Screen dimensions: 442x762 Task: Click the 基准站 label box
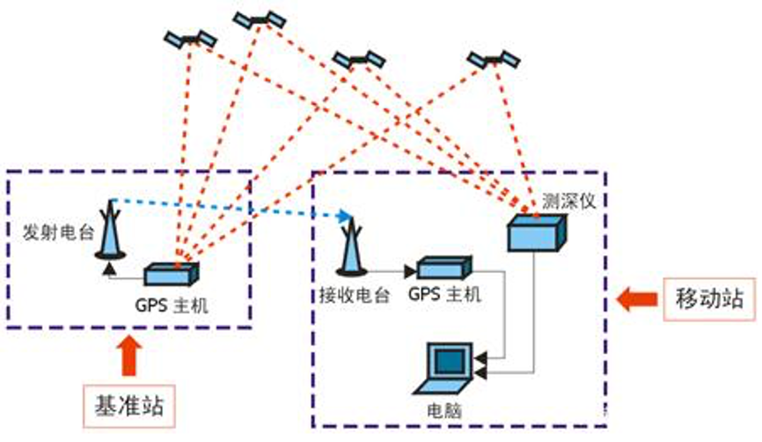pos(128,406)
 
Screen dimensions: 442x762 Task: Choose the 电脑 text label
pos(445,410)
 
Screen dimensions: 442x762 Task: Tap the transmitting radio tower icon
pos(110,230)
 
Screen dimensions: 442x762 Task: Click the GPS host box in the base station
pos(172,274)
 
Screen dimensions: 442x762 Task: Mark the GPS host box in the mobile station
pos(443,268)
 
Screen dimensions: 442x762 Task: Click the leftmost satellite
pos(191,40)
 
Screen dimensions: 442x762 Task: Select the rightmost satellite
pos(494,61)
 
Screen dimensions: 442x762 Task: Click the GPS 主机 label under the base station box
pos(172,305)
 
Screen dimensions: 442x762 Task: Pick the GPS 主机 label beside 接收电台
pos(444,296)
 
